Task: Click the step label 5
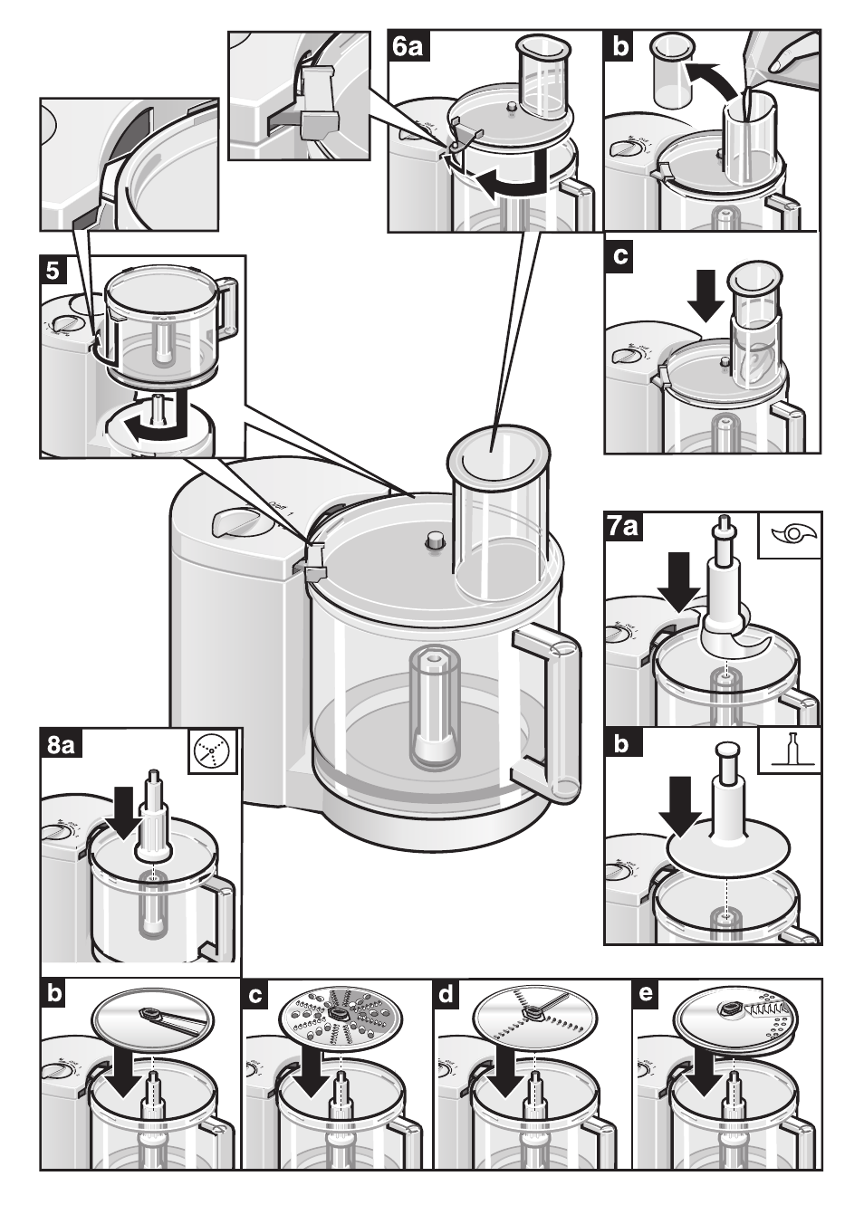[x=53, y=270]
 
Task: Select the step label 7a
[x=625, y=526]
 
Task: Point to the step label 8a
[x=61, y=744]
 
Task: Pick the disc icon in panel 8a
[x=214, y=751]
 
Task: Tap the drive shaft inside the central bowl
[x=433, y=706]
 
